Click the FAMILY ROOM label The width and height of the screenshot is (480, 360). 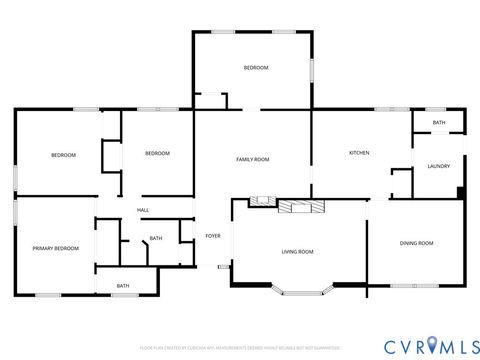[252, 160]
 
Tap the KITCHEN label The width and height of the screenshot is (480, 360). [359, 153]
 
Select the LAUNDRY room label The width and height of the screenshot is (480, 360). [438, 166]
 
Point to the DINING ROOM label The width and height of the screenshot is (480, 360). [416, 243]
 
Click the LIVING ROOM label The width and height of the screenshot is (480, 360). [297, 252]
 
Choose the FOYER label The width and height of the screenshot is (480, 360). [212, 236]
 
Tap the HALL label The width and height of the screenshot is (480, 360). [143, 210]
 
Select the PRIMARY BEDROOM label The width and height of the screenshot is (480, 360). [55, 248]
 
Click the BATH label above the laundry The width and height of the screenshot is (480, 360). [439, 123]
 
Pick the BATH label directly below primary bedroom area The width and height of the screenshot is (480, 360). [123, 286]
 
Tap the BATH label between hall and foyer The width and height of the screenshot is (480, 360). [156, 238]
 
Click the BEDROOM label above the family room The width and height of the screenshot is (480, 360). [256, 67]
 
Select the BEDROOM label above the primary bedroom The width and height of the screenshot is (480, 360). [64, 155]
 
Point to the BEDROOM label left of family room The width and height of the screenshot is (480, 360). [157, 153]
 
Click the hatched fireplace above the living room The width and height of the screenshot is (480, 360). [300, 207]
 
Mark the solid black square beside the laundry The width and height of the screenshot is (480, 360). [460, 192]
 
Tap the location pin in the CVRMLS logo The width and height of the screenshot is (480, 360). [432, 345]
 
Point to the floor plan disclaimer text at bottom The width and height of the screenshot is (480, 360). [240, 347]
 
